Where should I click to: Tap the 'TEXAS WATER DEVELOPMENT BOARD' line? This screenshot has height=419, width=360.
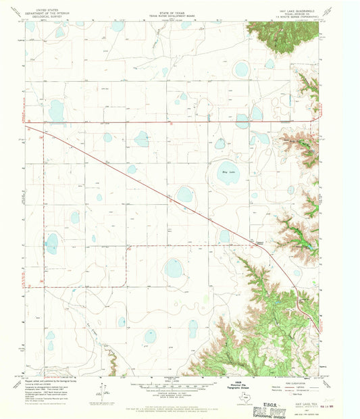[x=174, y=14]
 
